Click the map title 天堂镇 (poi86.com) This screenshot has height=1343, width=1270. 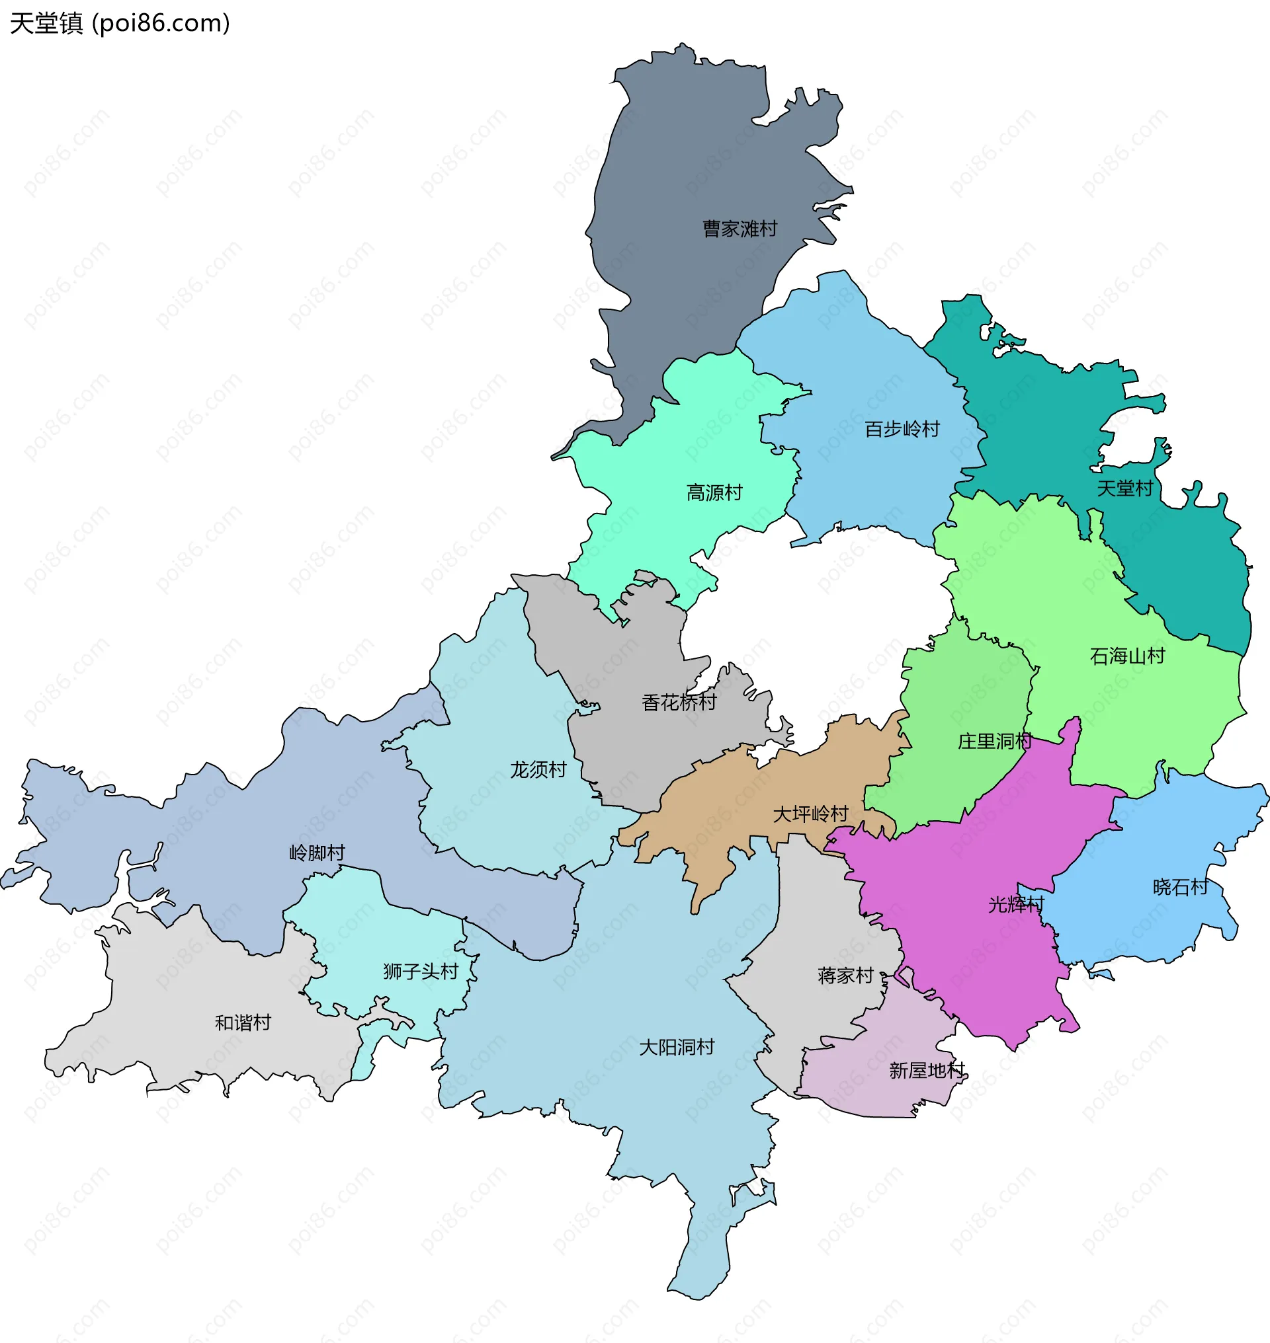(120, 24)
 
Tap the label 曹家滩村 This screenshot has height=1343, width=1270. (740, 229)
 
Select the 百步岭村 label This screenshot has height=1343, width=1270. (902, 429)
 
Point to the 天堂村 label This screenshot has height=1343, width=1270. (1124, 488)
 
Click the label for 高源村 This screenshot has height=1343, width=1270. (714, 492)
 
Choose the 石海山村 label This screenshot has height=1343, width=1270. (1127, 656)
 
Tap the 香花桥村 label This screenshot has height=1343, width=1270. (679, 703)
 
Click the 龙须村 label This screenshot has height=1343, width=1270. (538, 769)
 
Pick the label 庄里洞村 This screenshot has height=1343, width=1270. (994, 742)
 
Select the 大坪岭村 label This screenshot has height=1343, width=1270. (810, 813)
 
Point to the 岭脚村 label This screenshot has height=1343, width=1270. (317, 853)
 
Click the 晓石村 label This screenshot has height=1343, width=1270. (1180, 887)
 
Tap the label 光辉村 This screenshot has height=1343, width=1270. (1016, 905)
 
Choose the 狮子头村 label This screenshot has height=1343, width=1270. (421, 972)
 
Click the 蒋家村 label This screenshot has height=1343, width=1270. (845, 976)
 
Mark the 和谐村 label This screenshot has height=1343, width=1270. (242, 1022)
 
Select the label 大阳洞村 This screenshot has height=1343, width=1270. (676, 1048)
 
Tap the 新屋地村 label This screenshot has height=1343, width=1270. (926, 1070)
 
